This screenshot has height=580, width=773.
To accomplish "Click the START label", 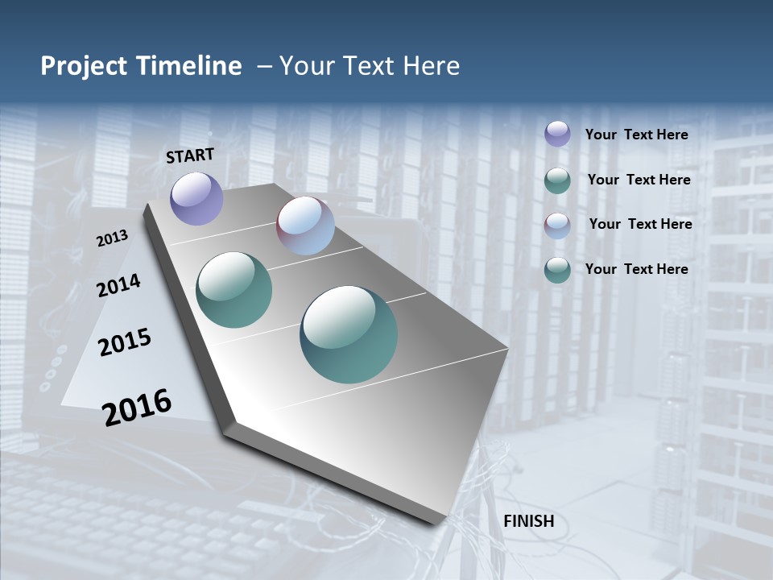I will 190,155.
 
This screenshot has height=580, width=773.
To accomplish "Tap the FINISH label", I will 529,521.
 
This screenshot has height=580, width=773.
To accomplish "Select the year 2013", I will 112,238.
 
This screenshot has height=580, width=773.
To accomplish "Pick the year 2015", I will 125,342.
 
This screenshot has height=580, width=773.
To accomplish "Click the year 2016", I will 137,408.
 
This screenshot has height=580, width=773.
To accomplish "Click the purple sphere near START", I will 196,198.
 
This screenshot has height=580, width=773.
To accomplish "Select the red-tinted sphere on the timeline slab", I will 305,226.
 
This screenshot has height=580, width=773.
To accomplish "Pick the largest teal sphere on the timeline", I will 349,334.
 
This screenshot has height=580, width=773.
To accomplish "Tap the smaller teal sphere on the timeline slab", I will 234,290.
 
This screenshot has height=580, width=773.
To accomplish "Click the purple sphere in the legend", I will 557,134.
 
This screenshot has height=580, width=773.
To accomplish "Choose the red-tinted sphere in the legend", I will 557,226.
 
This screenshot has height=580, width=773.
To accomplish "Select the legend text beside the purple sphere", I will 636,135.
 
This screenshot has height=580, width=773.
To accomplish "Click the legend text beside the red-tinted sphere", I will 640,224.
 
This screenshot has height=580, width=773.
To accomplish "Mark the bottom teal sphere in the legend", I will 557,271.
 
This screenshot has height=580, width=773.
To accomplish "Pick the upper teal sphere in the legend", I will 557,180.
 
